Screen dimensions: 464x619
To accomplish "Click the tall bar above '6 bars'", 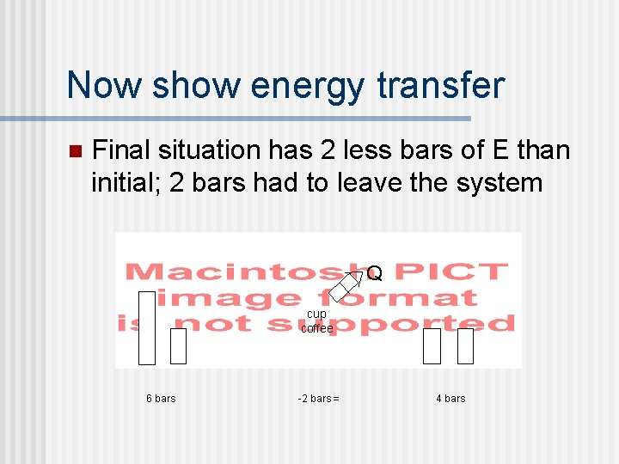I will pyautogui.click(x=147, y=327).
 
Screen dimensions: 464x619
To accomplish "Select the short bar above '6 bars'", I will pyautogui.click(x=178, y=346).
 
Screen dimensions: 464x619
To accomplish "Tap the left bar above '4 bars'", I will pyautogui.click(x=432, y=346).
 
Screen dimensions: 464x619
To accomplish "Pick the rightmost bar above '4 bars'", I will pyautogui.click(x=465, y=346).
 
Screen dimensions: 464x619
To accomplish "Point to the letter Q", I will pyautogui.click(x=375, y=275).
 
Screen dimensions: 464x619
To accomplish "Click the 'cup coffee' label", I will pyautogui.click(x=316, y=321).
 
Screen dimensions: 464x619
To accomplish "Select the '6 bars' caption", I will pyautogui.click(x=161, y=398).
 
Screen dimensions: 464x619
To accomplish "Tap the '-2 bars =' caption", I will pyautogui.click(x=318, y=398).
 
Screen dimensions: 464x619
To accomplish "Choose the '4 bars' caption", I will pyautogui.click(x=450, y=398).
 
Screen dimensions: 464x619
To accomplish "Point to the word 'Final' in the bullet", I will pyautogui.click(x=120, y=150).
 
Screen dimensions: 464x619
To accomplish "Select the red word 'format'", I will pyautogui.click(x=415, y=298).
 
